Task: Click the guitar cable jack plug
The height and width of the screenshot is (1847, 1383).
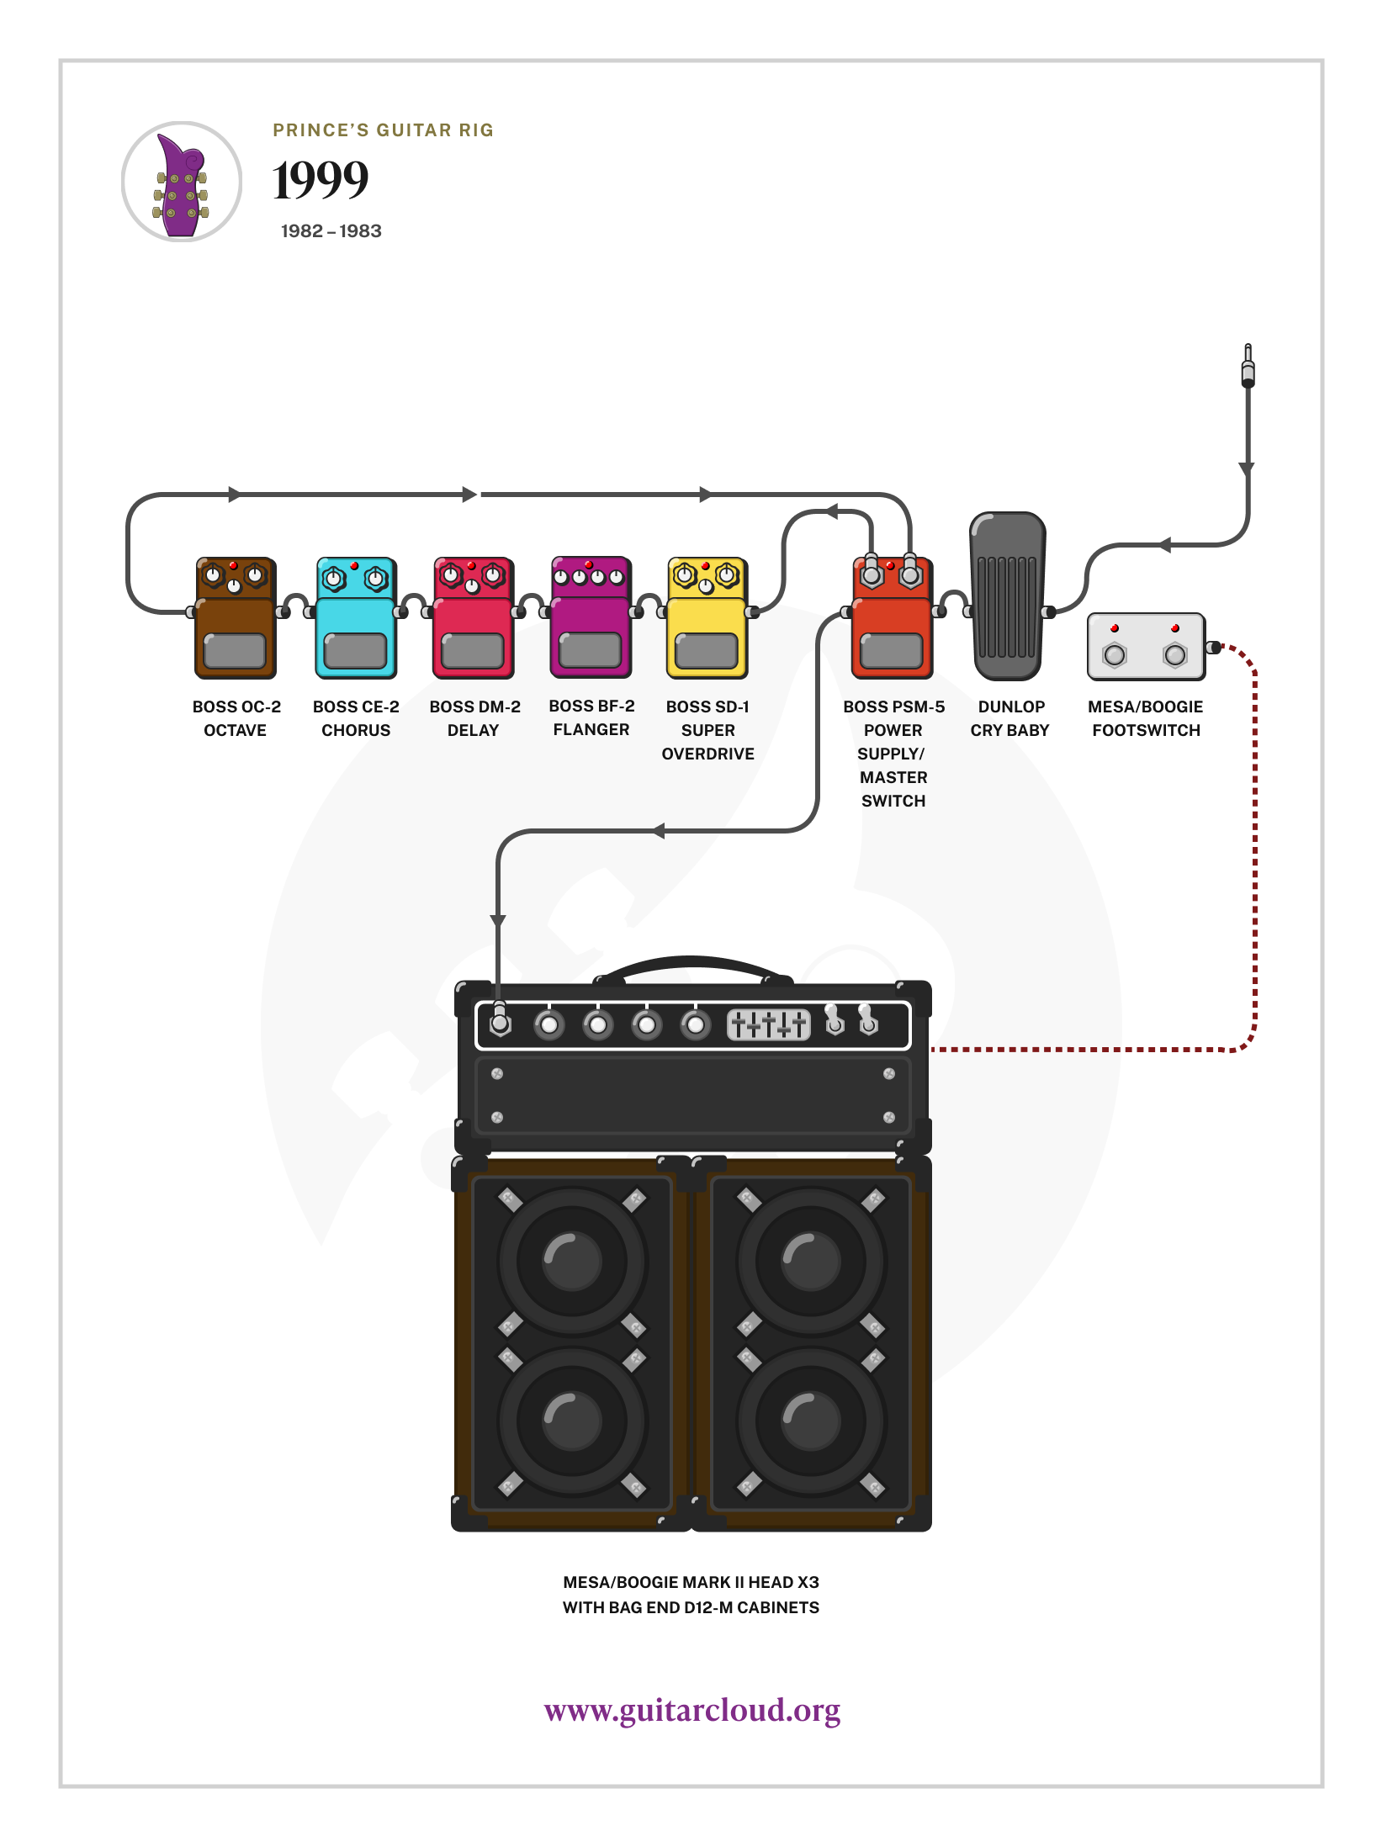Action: click(x=1248, y=365)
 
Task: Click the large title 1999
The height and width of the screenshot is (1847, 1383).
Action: click(x=321, y=180)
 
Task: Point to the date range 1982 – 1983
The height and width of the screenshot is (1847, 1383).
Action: click(x=331, y=231)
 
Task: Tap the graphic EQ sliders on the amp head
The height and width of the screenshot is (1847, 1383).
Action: click(x=768, y=1024)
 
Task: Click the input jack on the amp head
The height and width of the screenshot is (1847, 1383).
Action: click(x=501, y=1023)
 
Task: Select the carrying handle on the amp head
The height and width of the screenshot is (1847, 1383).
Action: click(x=691, y=966)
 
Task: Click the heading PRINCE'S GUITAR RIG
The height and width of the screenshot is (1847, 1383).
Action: click(x=383, y=130)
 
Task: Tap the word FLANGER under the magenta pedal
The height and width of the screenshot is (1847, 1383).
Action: click(x=591, y=730)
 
